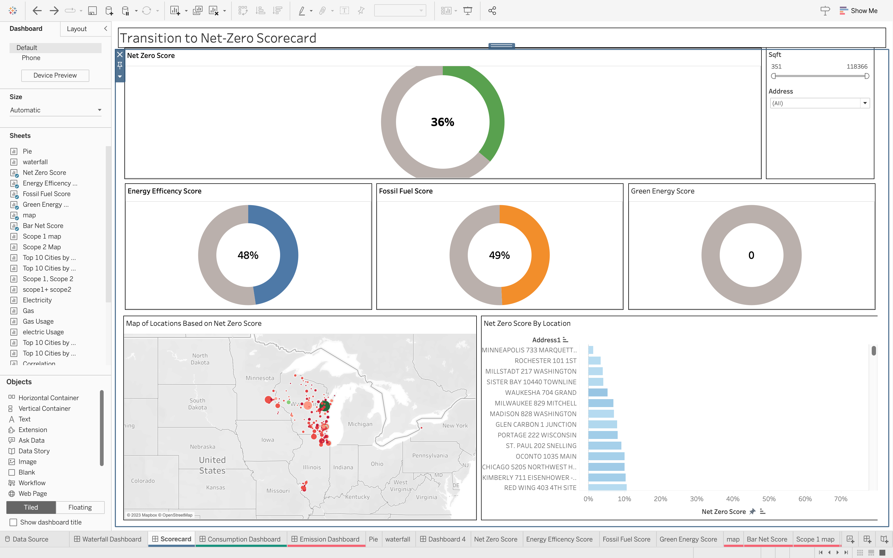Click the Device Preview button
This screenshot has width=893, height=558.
tap(55, 75)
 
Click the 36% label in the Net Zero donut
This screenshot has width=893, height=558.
tap(443, 122)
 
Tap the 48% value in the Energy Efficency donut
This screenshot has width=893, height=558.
tap(248, 255)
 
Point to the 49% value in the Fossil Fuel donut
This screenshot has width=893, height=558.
tap(499, 255)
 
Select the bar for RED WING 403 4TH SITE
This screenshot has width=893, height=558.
tap(607, 488)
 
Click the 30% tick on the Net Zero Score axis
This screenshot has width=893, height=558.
tap(696, 499)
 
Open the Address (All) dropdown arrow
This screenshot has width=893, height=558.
tap(865, 103)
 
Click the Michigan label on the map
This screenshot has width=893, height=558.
tap(360, 424)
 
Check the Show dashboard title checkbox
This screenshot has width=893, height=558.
tap(13, 522)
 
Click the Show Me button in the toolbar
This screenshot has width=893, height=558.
tap(859, 11)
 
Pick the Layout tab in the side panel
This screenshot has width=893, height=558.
tap(77, 29)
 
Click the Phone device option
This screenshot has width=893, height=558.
tap(31, 58)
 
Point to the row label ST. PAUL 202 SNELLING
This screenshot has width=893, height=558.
tap(541, 446)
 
